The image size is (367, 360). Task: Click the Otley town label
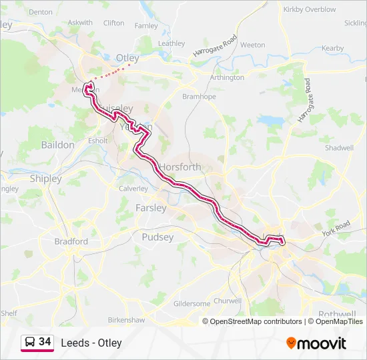(x=127, y=58)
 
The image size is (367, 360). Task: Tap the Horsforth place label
(x=180, y=167)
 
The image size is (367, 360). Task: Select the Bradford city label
(x=71, y=241)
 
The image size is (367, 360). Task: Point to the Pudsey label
(x=157, y=237)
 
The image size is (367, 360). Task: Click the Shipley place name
(x=45, y=179)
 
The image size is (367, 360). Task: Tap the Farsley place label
(x=151, y=207)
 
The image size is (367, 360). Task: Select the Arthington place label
(x=227, y=77)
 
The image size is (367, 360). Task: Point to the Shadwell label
(x=339, y=147)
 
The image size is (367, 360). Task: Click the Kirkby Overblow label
(x=310, y=9)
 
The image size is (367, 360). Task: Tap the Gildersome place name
(x=192, y=303)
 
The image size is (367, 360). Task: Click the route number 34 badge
(x=45, y=341)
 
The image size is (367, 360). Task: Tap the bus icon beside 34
(x=30, y=342)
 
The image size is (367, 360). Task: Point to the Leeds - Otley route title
(x=91, y=343)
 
